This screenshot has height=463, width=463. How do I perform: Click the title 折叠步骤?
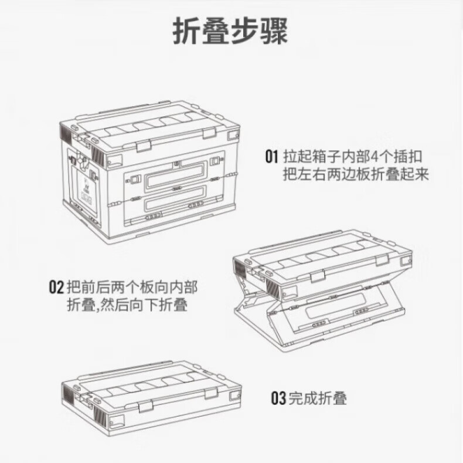tap(230, 31)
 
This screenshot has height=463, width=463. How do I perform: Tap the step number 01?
tap(272, 157)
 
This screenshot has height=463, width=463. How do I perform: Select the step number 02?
tap(56, 287)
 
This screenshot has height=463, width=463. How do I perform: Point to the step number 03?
tap(278, 398)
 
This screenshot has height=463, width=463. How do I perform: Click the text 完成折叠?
tap(318, 398)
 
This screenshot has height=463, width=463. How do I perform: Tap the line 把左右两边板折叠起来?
tap(356, 174)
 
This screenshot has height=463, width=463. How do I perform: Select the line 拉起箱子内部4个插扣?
tap(353, 157)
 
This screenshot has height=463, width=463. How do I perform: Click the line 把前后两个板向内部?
tap(132, 287)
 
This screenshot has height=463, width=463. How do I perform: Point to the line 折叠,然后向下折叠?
tap(128, 305)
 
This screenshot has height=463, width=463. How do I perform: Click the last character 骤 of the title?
tap(274, 31)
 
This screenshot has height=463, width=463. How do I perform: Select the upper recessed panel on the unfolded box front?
tap(175, 175)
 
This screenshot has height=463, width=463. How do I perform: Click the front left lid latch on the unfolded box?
tap(144, 146)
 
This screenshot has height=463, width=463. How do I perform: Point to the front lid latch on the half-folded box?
tap(317, 276)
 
